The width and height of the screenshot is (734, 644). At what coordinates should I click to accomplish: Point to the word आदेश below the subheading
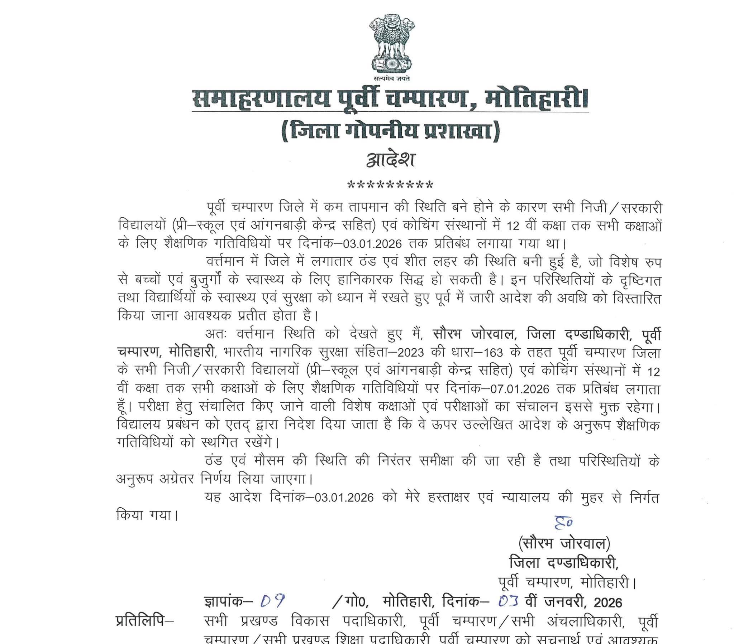(x=391, y=160)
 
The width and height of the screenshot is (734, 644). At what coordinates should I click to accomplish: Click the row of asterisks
(x=390, y=185)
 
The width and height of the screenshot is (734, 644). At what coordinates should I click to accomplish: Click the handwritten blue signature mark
(x=563, y=522)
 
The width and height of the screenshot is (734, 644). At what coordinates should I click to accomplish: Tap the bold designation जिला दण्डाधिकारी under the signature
(x=564, y=562)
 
